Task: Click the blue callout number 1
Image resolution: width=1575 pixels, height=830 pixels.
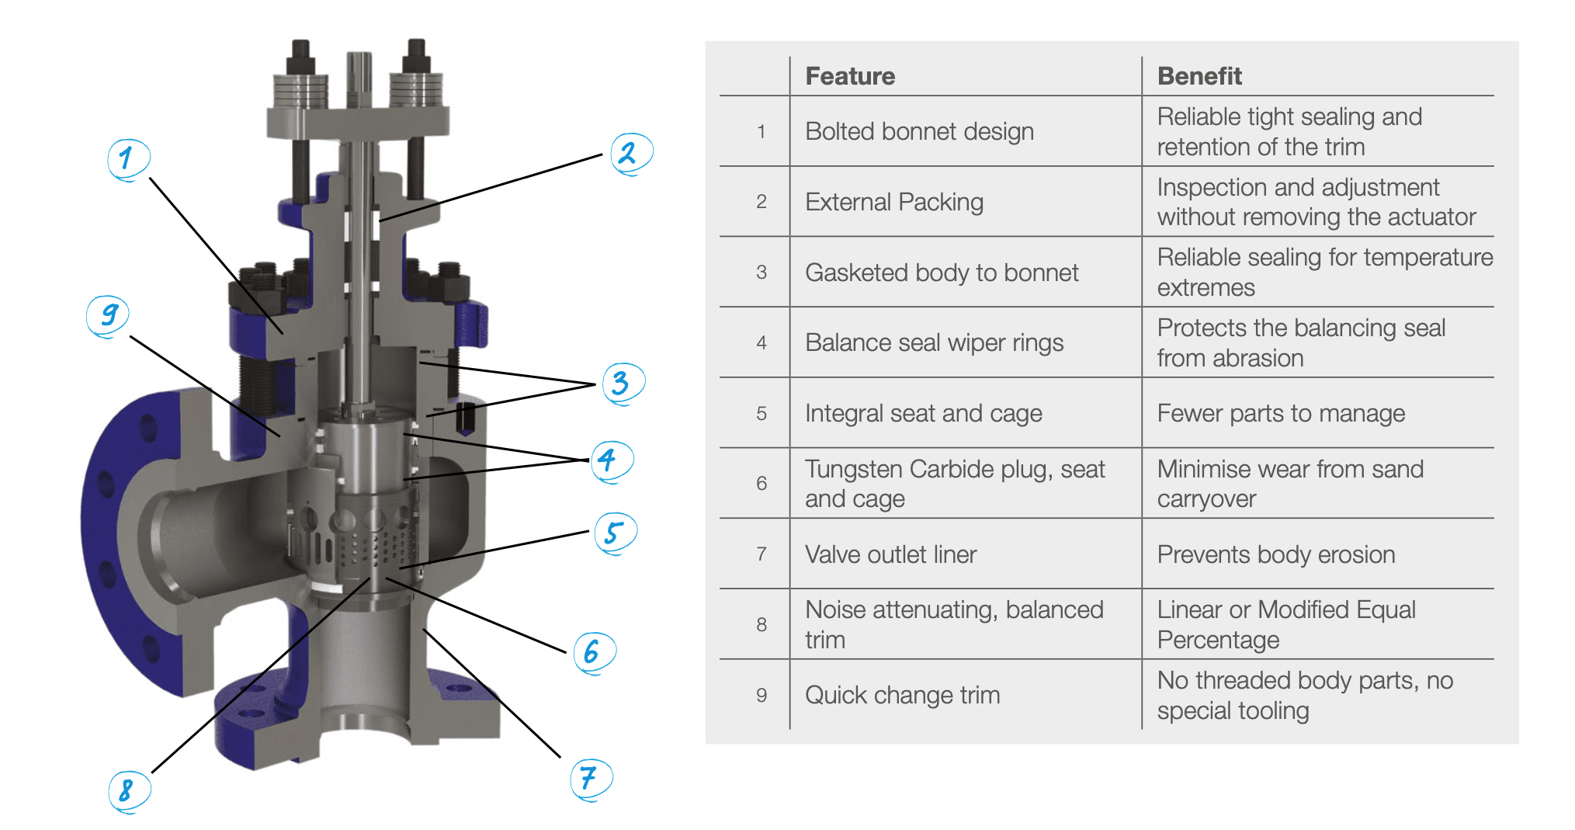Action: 127,158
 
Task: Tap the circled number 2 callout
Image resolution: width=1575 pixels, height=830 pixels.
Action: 630,153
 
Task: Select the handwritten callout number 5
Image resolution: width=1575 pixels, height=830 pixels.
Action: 614,533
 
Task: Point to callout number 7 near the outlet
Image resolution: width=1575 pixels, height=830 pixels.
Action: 590,777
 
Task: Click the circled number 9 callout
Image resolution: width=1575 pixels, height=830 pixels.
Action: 108,315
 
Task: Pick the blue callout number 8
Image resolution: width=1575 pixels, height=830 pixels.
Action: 127,790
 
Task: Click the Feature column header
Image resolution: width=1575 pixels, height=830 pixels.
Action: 850,76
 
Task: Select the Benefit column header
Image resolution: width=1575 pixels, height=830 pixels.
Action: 1199,76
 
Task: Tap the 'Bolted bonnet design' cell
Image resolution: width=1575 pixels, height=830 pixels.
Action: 919,131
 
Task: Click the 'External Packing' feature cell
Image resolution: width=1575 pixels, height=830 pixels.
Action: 894,202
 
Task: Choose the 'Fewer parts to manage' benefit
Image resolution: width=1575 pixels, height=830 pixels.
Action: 1281,413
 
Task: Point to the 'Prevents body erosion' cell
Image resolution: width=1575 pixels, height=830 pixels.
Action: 1276,554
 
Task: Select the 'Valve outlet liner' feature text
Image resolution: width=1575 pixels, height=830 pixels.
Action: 890,554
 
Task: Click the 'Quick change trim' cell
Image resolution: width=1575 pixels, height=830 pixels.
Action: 902,695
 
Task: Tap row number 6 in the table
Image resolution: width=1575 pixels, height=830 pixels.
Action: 761,484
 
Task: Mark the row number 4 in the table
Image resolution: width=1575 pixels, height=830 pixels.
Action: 761,343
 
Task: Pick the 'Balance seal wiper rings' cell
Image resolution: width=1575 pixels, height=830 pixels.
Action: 934,342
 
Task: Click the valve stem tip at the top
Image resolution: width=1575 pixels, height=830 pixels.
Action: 359,58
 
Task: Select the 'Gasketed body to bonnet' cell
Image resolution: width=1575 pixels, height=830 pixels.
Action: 942,273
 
